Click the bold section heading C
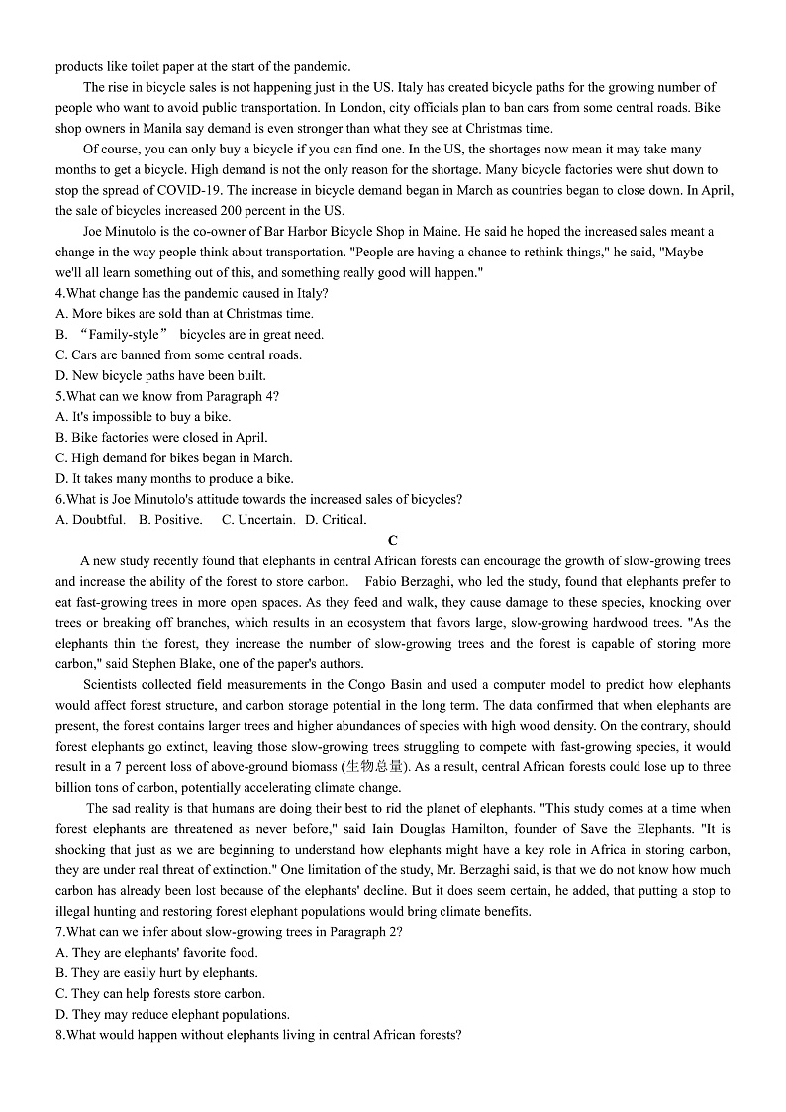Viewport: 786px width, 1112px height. (393, 540)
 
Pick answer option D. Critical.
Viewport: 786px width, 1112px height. (336, 520)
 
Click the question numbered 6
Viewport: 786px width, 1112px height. (258, 499)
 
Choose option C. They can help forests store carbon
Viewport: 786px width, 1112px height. (160, 994)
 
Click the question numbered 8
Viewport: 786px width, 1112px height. (258, 1036)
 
